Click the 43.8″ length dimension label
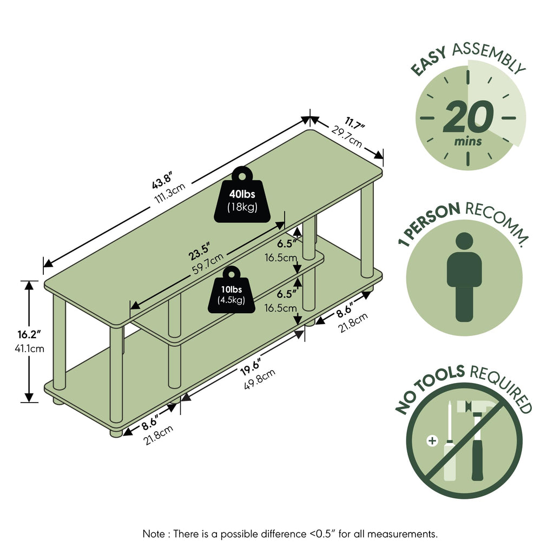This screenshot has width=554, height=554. [x=161, y=180]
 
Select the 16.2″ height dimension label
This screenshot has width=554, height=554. [x=30, y=334]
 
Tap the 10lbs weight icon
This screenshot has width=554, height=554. [x=232, y=290]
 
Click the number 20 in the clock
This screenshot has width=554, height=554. [x=468, y=117]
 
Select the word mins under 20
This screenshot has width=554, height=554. [x=468, y=142]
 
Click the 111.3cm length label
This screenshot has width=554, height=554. [x=170, y=193]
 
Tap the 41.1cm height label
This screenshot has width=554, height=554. [x=30, y=349]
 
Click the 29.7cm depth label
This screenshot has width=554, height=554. [x=347, y=136]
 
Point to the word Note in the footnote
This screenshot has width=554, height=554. [x=153, y=534]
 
